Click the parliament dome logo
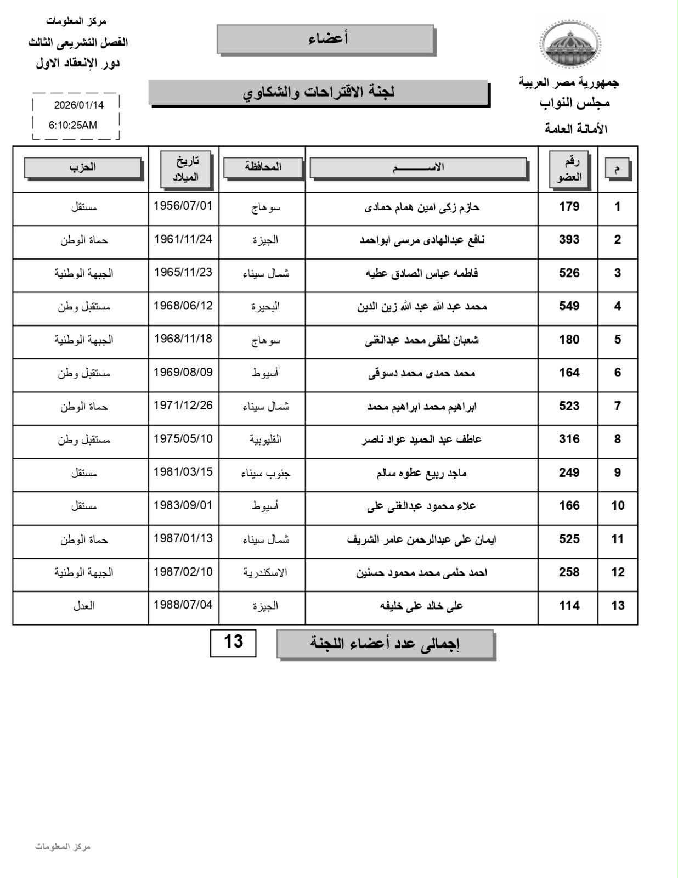pos(569,44)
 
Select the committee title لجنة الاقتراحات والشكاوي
pos(319,92)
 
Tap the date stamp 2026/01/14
pos(78,105)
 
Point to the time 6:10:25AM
pos(73,125)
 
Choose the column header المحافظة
pos(263,167)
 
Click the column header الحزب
pos(83,167)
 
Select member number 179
pos(569,207)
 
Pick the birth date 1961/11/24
pos(183,239)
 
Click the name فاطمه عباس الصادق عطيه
pos(422,273)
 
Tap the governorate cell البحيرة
pos(265,306)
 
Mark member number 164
pos(569,373)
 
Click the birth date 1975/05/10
pos(183,439)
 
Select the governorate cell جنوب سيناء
pos(265,472)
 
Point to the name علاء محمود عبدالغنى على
pos(422,506)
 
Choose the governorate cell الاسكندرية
pos(265,572)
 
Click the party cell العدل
pos(84,606)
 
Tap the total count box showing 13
pos(233,641)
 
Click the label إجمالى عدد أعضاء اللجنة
pos(385,644)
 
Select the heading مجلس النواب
pos(574,103)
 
